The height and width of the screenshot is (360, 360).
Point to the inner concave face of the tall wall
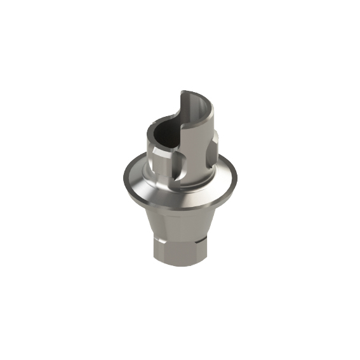[x=190, y=114]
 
